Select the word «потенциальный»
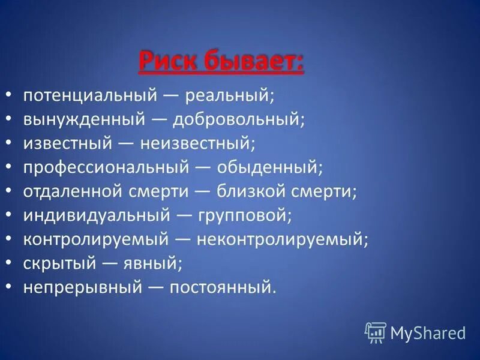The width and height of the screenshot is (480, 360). (x=90, y=96)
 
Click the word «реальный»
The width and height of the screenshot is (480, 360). (x=229, y=96)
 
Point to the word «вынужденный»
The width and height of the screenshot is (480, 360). (x=84, y=120)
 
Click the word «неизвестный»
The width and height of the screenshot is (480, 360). (x=198, y=144)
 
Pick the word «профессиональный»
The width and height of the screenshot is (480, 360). (x=104, y=168)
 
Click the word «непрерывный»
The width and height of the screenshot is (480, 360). (x=83, y=288)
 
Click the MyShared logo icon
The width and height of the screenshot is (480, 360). (x=375, y=332)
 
